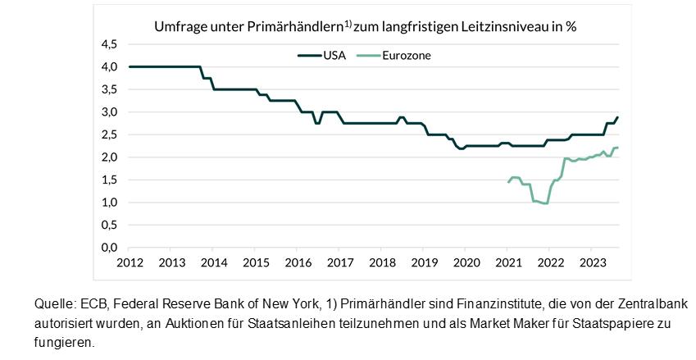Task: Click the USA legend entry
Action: (322, 56)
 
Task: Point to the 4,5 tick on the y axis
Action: (109, 44)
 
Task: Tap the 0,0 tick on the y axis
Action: (109, 247)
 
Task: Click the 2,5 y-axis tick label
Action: (109, 134)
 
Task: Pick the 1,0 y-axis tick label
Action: (109, 202)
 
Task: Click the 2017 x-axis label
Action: (339, 262)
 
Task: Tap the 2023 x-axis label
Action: (591, 262)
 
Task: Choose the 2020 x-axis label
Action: (466, 262)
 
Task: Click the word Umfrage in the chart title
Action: (180, 27)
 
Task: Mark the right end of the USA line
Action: (618, 117)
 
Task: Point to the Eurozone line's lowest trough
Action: (545, 203)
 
